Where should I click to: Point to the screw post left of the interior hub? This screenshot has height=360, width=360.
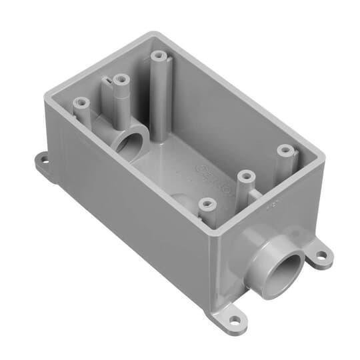pos(80,104)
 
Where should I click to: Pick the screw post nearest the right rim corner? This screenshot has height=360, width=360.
pos(285,149)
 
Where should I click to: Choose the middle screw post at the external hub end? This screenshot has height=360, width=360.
pos(247,176)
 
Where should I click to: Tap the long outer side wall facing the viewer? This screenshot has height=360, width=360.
pos(133,213)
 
